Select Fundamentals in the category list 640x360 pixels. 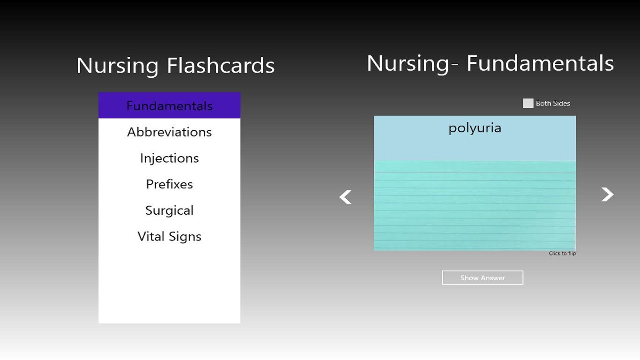169,106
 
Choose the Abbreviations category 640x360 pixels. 169,132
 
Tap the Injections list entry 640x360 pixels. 169,158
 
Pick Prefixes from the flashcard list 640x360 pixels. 169,184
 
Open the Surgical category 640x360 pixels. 169,210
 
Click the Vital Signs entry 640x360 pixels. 169,237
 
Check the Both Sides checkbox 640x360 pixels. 528,104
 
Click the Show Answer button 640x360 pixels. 483,278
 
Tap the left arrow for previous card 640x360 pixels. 346,197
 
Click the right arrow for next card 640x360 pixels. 607,195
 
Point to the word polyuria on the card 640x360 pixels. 475,128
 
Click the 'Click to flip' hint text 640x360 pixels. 562,254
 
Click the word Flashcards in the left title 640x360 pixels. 221,66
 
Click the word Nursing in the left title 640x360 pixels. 117,66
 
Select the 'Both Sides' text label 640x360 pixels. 553,104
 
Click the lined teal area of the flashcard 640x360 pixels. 475,206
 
